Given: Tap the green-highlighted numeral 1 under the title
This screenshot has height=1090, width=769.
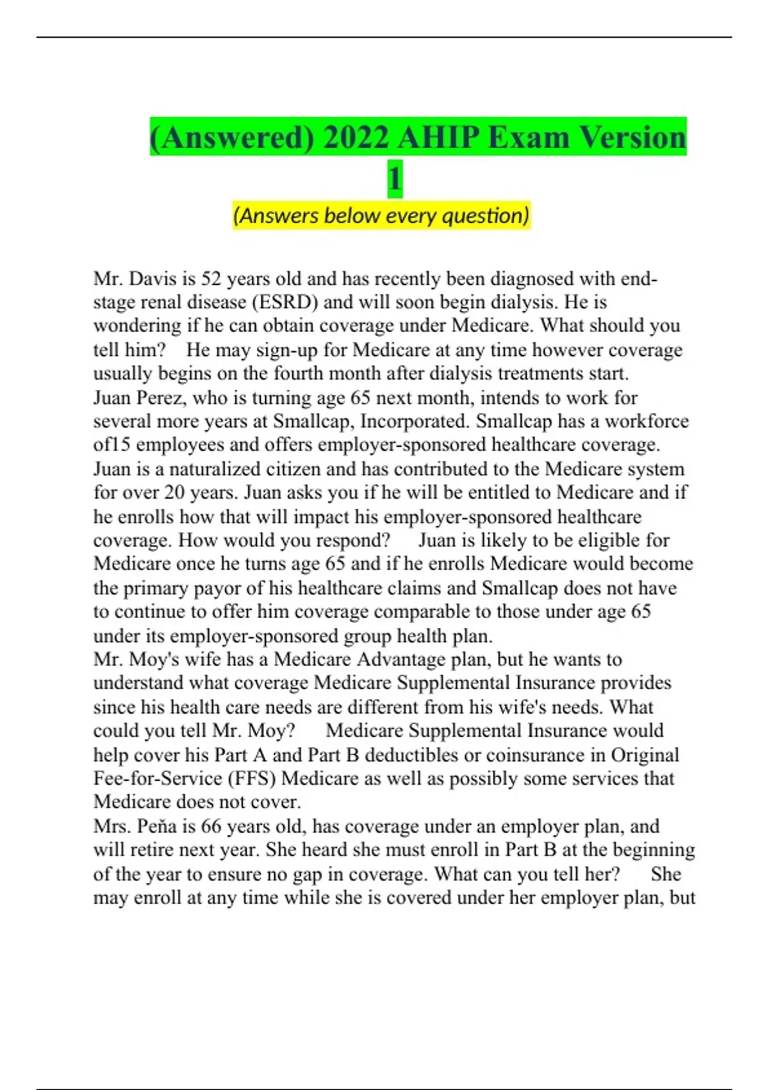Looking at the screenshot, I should pyautogui.click(x=395, y=178).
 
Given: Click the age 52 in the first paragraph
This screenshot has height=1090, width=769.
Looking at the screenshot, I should pyautogui.click(x=211, y=279).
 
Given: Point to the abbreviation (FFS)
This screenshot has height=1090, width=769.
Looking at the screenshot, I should pyautogui.click(x=252, y=778).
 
